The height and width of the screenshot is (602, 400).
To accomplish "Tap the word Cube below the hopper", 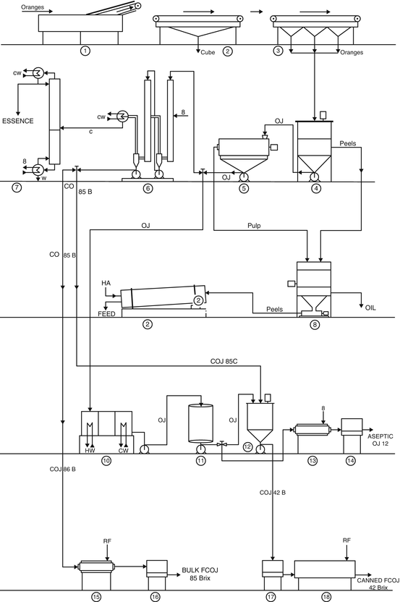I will [x=208, y=52].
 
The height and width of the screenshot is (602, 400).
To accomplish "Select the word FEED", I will [x=107, y=314].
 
